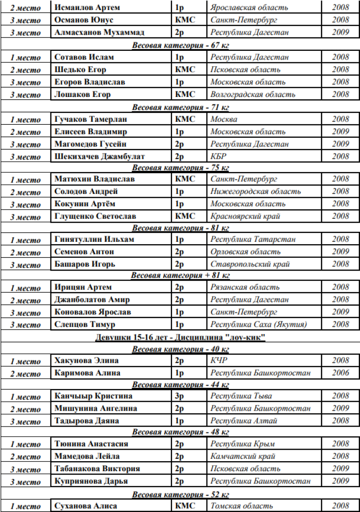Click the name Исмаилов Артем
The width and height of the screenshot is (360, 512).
pos(87,8)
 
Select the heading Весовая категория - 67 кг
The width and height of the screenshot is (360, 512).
pos(180,45)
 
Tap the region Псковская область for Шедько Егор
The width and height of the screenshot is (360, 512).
pos(245,70)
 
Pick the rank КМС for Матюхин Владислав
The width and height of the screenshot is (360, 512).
pos(185,179)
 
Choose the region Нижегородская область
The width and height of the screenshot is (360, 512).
pos(255,191)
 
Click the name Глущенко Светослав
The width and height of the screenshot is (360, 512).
pos(95,216)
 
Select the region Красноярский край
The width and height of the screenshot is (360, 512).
pos(245,216)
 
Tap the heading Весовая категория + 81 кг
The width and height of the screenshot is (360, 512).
pos(180,275)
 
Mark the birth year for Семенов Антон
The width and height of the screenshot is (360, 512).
pos(340,251)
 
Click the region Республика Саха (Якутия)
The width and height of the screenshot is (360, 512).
pos(258,324)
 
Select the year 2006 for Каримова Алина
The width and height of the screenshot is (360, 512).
pos(340,373)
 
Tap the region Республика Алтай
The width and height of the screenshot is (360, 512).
pos(244,421)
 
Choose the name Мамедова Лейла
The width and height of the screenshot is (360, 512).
pos(87,456)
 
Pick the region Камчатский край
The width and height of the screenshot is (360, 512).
pos(243,456)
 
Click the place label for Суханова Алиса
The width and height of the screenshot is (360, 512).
pos(26,506)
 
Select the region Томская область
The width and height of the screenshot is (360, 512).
pos(241,506)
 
